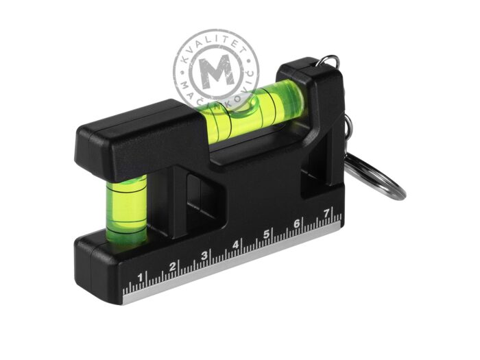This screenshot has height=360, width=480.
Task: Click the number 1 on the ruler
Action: click(140, 278)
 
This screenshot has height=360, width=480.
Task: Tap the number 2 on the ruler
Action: click(173, 266)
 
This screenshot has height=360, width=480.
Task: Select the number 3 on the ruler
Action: click(204, 255)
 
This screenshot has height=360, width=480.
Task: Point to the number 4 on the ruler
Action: click(235, 245)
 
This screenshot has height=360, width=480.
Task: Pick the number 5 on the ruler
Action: click(266, 234)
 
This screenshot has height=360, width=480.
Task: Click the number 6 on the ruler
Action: click(297, 224)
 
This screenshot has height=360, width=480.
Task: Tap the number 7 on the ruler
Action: click(326, 213)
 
